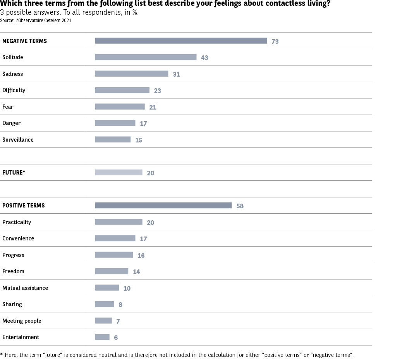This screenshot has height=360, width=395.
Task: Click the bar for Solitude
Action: click(x=146, y=57)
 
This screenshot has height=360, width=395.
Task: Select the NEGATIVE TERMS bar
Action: click(x=181, y=41)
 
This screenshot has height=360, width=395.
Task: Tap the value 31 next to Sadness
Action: click(x=176, y=74)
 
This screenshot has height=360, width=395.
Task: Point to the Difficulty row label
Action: click(x=14, y=90)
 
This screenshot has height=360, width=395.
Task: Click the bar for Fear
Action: click(x=120, y=107)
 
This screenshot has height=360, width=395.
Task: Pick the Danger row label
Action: click(x=11, y=123)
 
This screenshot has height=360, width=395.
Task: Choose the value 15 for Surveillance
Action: click(x=139, y=140)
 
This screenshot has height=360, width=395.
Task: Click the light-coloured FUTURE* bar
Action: click(x=118, y=173)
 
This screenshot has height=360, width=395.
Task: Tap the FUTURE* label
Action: click(x=14, y=173)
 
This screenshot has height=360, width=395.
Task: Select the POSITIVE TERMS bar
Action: click(x=163, y=206)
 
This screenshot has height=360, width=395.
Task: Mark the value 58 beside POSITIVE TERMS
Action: click(x=240, y=206)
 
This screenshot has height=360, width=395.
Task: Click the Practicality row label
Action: click(x=17, y=222)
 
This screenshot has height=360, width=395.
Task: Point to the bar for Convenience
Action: click(x=115, y=238)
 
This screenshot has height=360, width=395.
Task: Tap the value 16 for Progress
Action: click(x=141, y=255)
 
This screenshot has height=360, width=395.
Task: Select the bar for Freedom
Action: click(x=112, y=271)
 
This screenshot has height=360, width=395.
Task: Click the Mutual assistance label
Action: click(x=25, y=288)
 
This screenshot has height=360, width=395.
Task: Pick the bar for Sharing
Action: click(x=105, y=304)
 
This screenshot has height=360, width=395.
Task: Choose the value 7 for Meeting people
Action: click(x=118, y=321)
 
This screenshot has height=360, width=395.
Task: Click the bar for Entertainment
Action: click(x=102, y=337)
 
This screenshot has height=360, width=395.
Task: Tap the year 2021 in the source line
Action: click(x=66, y=21)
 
